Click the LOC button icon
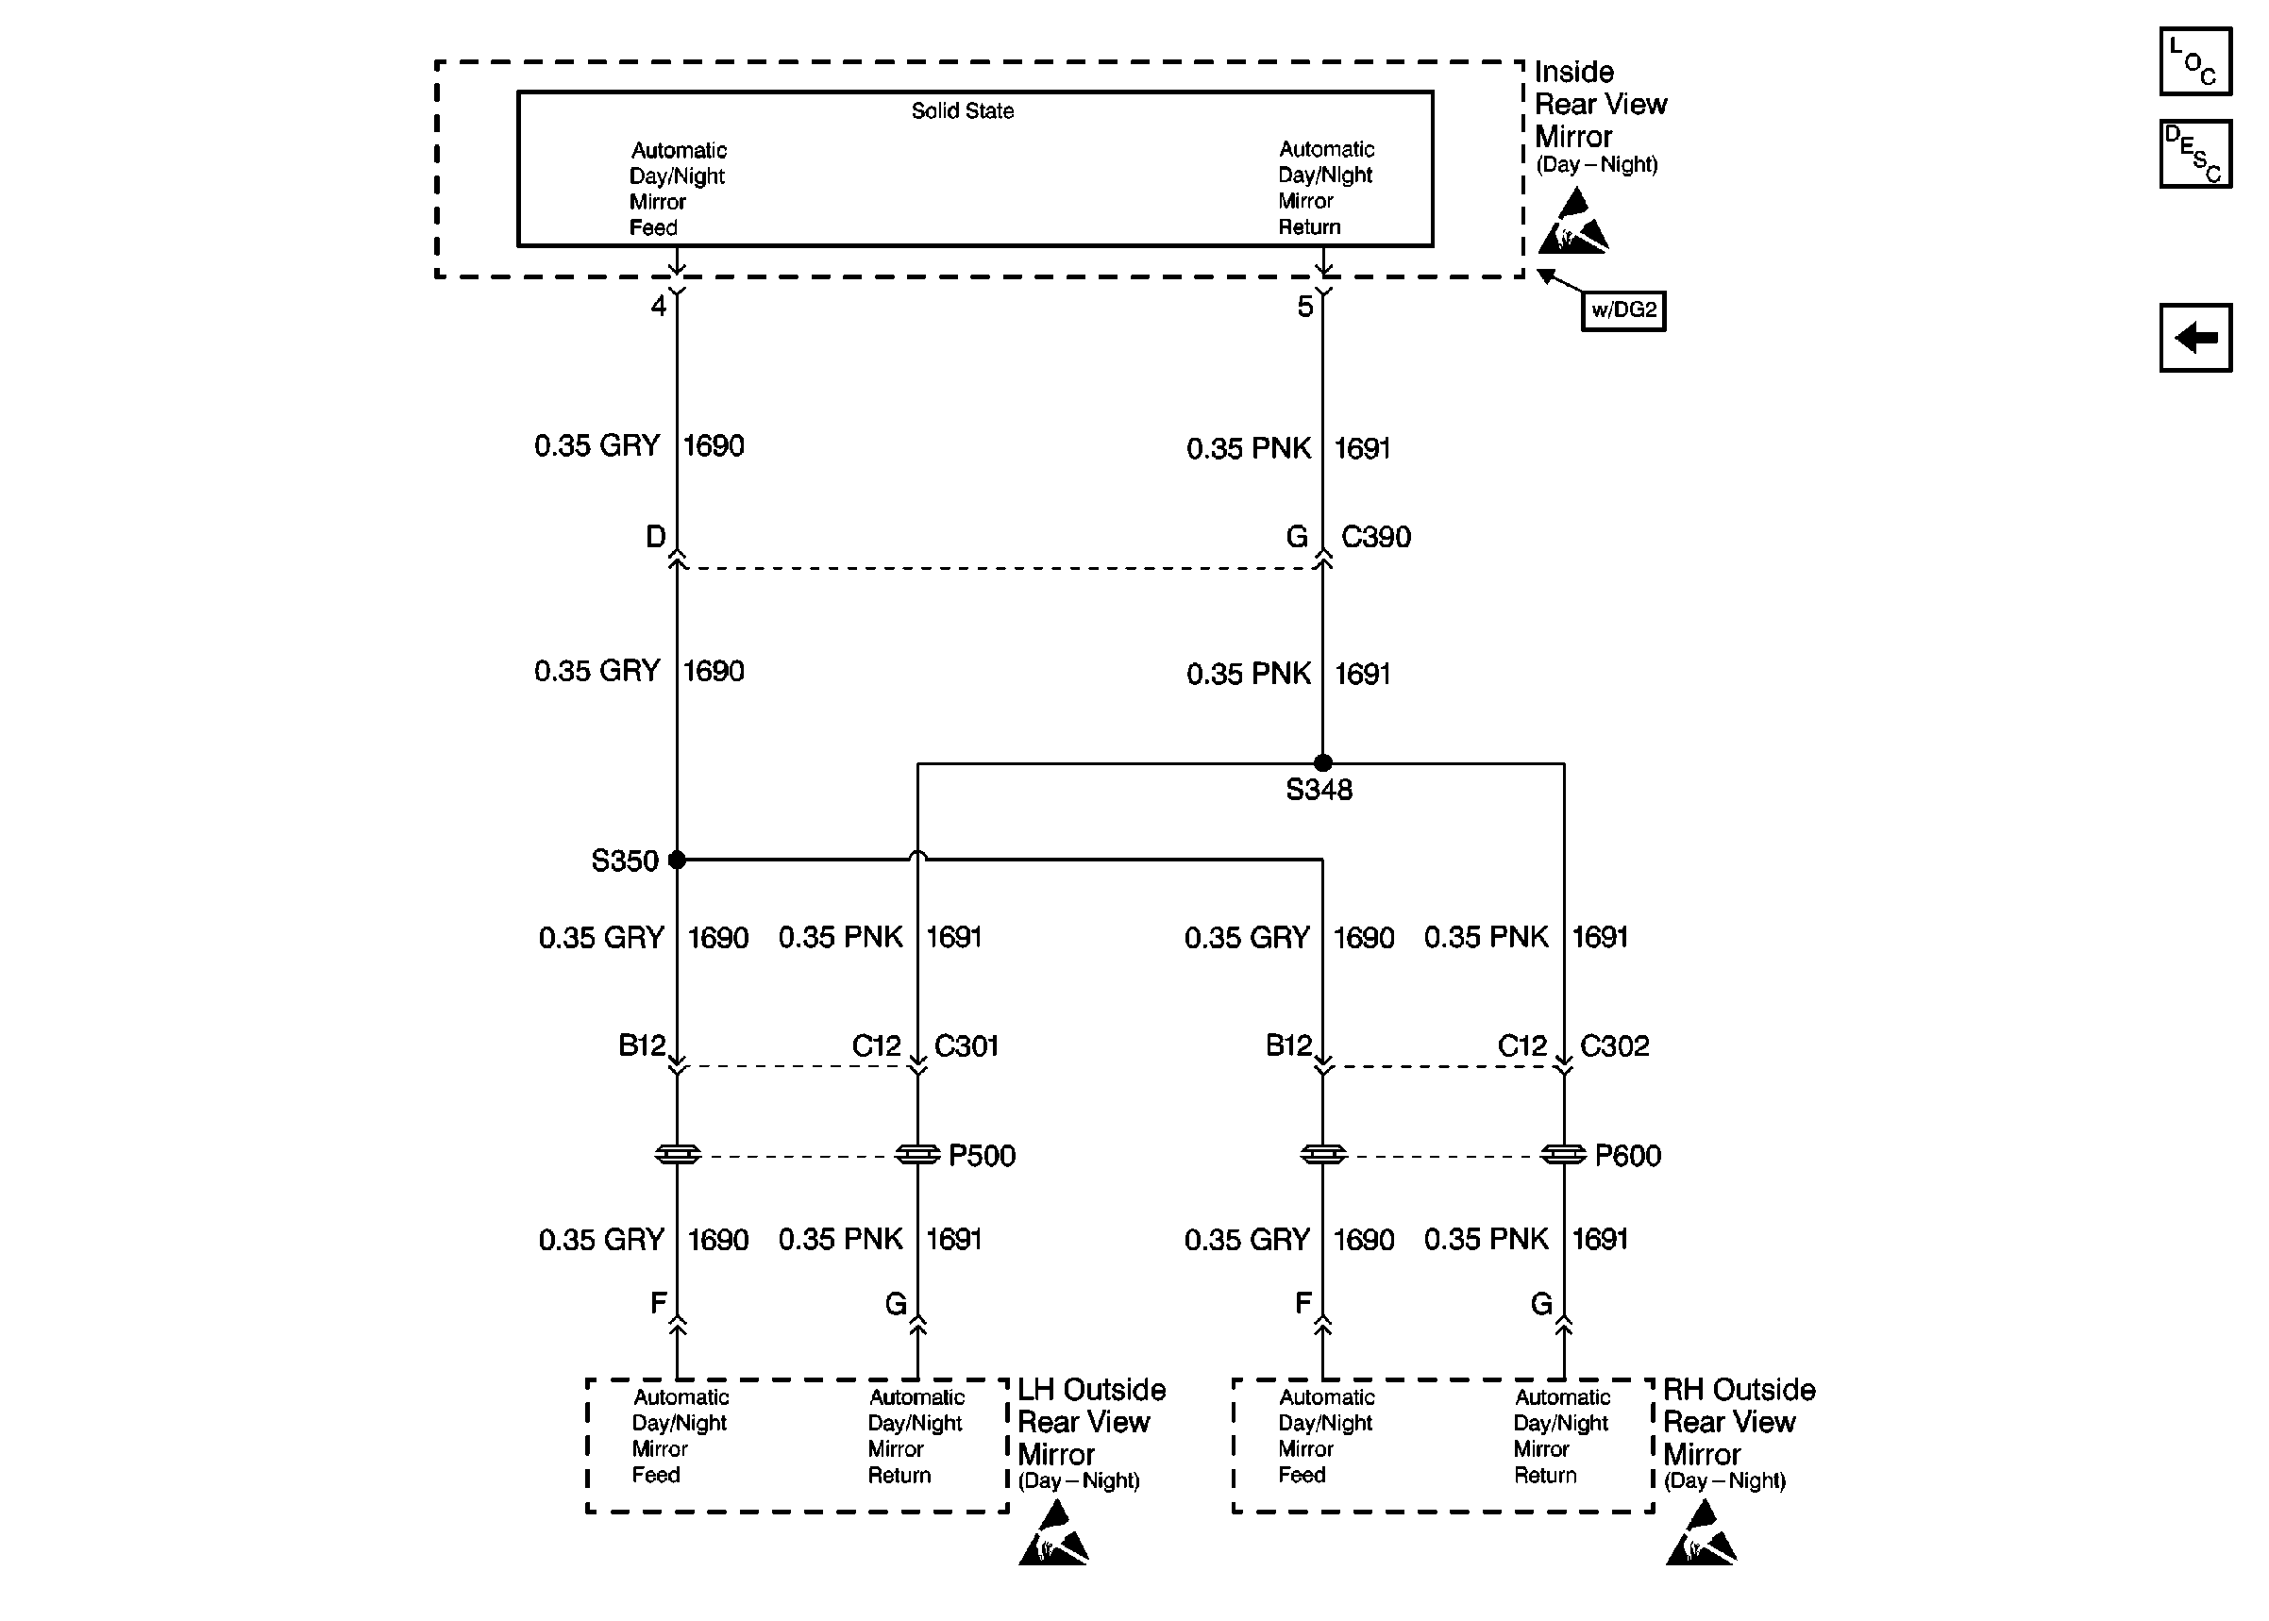[2194, 62]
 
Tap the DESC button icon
[2194, 155]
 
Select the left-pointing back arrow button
[2194, 338]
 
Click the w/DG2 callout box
[1623, 310]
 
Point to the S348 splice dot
[1322, 762]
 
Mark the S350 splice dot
[677, 860]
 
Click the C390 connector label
[1375, 537]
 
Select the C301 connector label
[966, 1046]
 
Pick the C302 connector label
[1614, 1046]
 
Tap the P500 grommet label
[982, 1156]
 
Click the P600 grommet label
[1627, 1156]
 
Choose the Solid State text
[963, 110]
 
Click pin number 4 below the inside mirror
[658, 306]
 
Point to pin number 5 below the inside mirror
[1304, 307]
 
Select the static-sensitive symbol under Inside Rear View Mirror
[1573, 224]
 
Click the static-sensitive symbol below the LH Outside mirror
[1054, 1535]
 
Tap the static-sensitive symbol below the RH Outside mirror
[1701, 1535]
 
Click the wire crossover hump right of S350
[917, 856]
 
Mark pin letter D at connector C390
[655, 537]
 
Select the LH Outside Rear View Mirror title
[1090, 1421]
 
